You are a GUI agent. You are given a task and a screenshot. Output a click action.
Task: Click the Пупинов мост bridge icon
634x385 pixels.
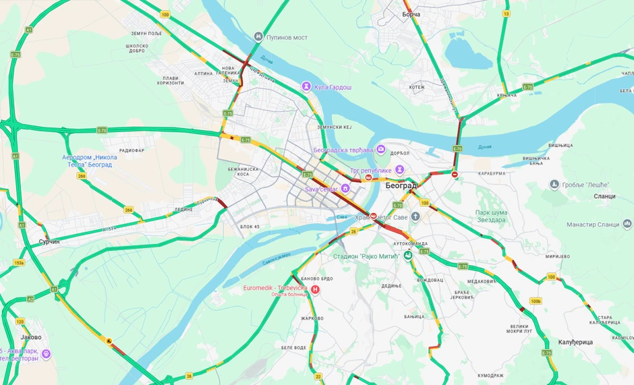click(258, 36)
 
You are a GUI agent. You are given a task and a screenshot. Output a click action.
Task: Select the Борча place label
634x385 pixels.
click(411, 13)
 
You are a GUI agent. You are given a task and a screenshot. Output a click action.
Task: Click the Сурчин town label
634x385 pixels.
click(49, 241)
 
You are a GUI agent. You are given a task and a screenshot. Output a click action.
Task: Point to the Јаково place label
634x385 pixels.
click(31, 337)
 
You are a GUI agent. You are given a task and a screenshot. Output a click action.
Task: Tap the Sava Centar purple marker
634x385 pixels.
click(345, 189)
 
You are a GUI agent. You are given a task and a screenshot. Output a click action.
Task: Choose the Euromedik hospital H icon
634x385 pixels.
click(314, 289)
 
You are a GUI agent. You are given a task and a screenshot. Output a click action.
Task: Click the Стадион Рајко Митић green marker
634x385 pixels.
click(407, 256)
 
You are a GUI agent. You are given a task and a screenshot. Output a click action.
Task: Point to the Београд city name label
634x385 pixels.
click(401, 185)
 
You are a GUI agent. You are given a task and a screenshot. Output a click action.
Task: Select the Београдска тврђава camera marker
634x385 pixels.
click(381, 149)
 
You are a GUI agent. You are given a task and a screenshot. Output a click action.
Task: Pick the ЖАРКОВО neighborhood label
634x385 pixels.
click(312, 318)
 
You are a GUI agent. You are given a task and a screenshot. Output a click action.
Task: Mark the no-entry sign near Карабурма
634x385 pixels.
click(455, 175)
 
